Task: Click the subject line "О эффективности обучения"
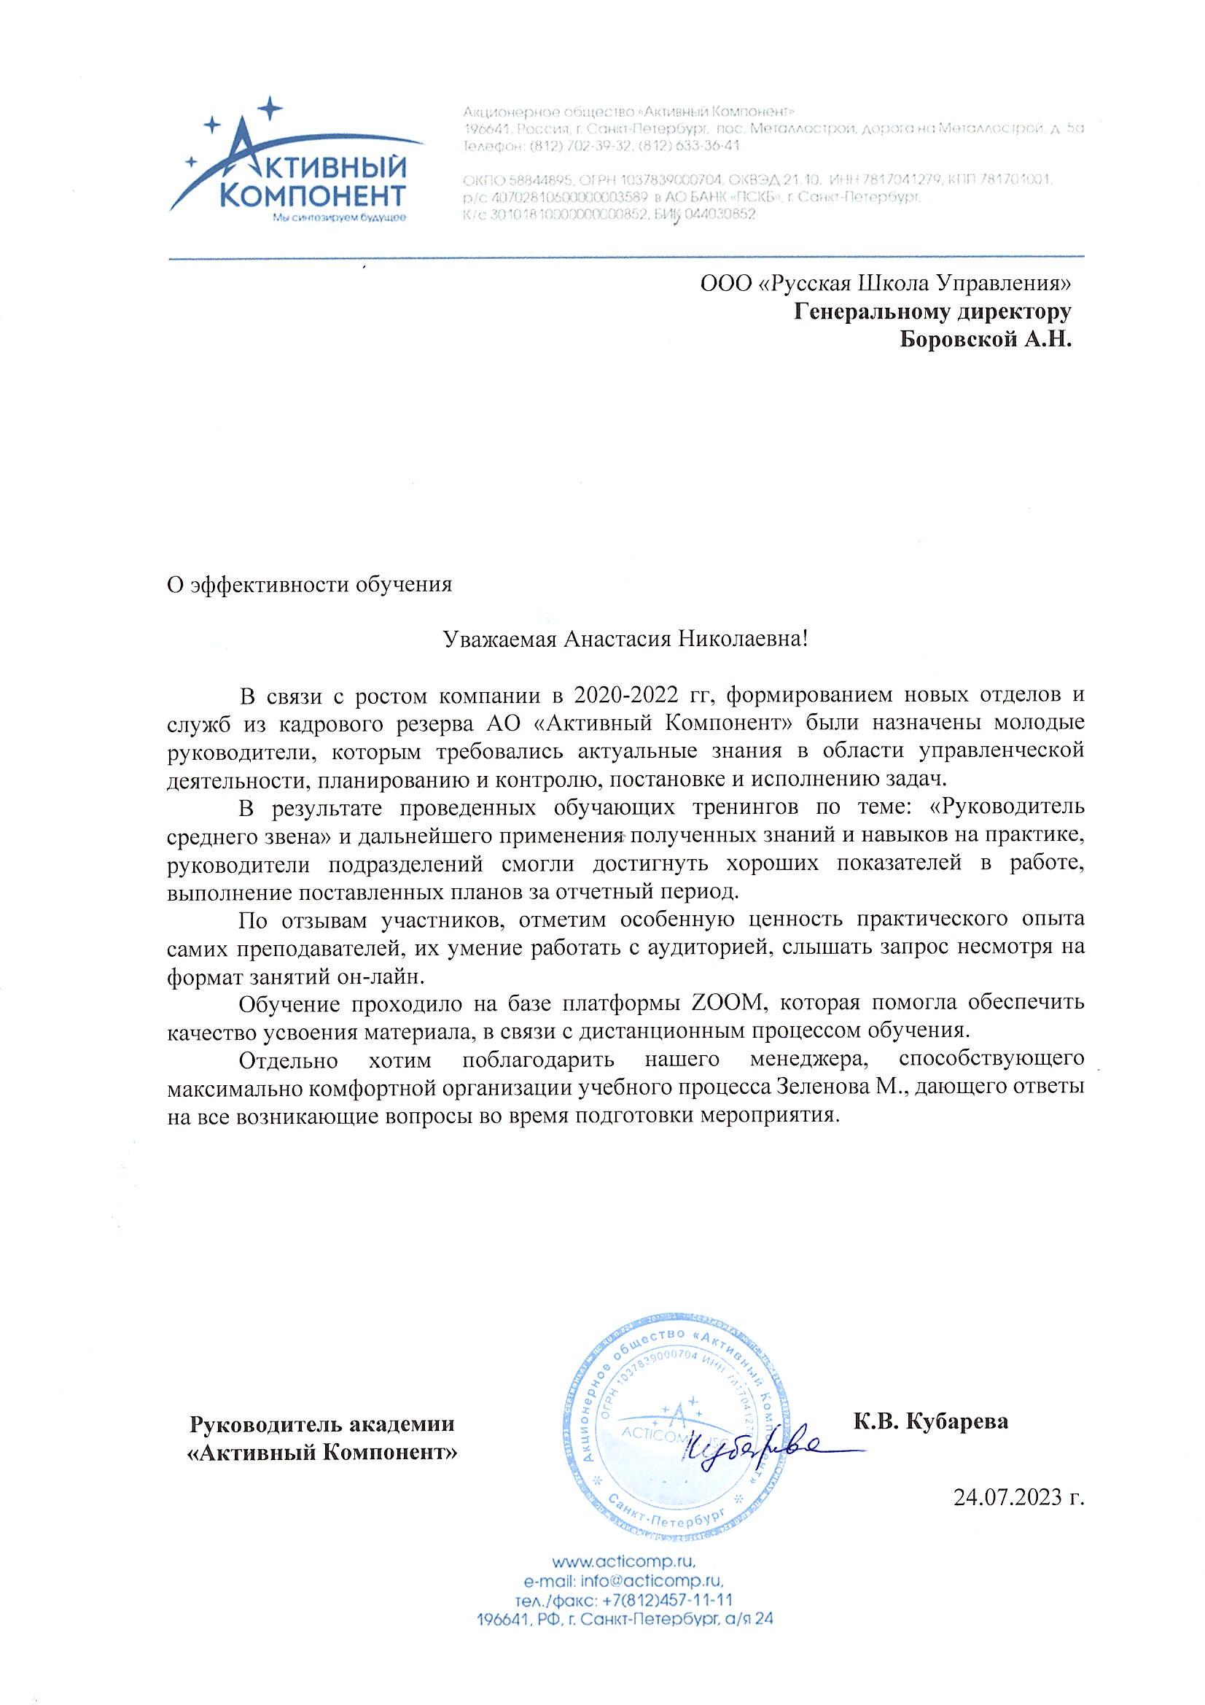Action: (310, 584)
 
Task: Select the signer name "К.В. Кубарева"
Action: (931, 1421)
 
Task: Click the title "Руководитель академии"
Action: (322, 1424)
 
